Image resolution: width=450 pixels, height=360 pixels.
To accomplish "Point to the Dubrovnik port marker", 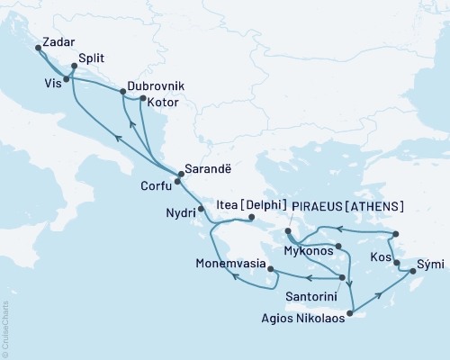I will coord(123,92).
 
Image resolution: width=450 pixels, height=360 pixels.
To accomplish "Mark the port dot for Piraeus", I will coord(287,231).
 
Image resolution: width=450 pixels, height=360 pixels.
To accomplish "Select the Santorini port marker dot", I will coord(343,277).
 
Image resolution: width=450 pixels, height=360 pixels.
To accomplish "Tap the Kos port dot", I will coord(397,263).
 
